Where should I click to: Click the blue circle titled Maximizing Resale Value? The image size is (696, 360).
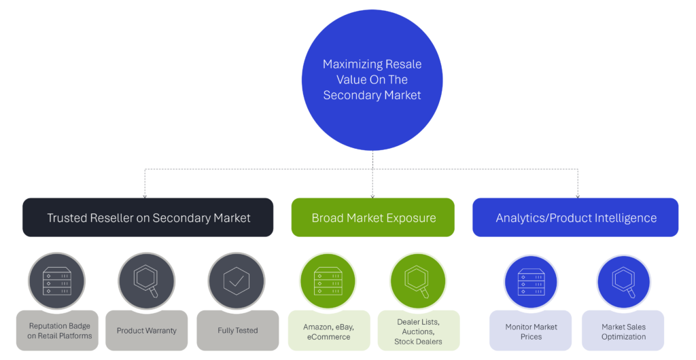click(x=372, y=80)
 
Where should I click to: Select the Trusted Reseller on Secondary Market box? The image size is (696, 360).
click(x=148, y=217)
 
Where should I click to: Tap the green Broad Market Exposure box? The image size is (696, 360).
click(x=373, y=217)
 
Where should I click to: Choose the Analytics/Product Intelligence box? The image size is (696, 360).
click(x=576, y=217)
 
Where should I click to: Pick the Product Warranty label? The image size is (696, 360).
click(x=146, y=331)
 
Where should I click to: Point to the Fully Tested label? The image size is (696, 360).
click(x=237, y=331)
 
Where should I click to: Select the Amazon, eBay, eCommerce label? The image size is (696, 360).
click(x=328, y=331)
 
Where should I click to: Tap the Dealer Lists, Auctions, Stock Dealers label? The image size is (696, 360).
click(x=418, y=331)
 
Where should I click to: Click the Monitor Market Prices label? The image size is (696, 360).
click(x=532, y=331)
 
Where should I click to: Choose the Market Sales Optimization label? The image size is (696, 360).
click(x=623, y=331)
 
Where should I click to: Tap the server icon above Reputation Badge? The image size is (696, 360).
click(x=56, y=282)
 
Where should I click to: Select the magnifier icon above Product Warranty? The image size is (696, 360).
click(x=147, y=282)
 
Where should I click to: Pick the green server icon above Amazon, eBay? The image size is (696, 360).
click(x=328, y=282)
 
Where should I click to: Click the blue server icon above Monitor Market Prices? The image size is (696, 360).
click(x=532, y=282)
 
